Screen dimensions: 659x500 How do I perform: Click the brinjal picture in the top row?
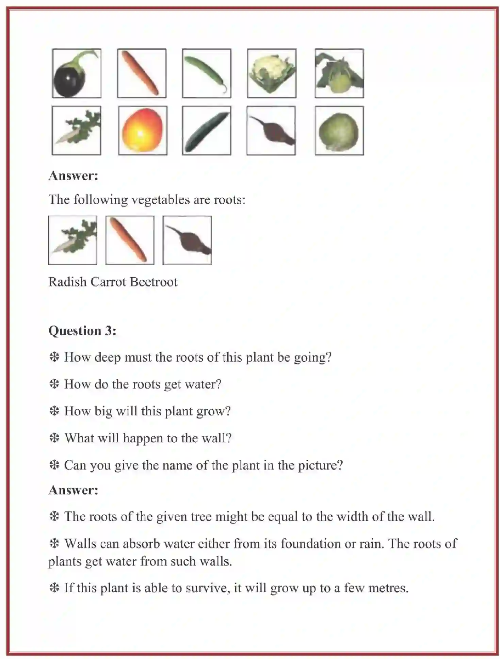tap(76, 73)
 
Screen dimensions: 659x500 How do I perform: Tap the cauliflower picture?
tap(272, 73)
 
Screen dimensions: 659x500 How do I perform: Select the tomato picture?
tap(143, 130)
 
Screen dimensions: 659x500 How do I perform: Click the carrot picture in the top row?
tap(142, 73)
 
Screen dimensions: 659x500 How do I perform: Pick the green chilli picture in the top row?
tap(206, 73)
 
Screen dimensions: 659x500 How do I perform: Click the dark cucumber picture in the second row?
tap(206, 130)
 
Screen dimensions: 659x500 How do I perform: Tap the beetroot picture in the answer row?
tap(187, 240)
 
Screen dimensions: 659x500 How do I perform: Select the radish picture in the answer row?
tap(72, 240)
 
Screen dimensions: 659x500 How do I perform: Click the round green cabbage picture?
tap(339, 130)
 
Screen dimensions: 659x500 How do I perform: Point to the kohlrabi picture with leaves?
tap(339, 73)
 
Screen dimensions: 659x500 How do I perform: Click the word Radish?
tap(67, 282)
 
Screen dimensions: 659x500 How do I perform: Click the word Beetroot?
tap(154, 282)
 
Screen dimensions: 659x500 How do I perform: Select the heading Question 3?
tap(82, 331)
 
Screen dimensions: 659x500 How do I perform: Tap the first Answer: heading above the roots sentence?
tap(73, 176)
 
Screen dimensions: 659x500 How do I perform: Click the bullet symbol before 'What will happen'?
tap(54, 438)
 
